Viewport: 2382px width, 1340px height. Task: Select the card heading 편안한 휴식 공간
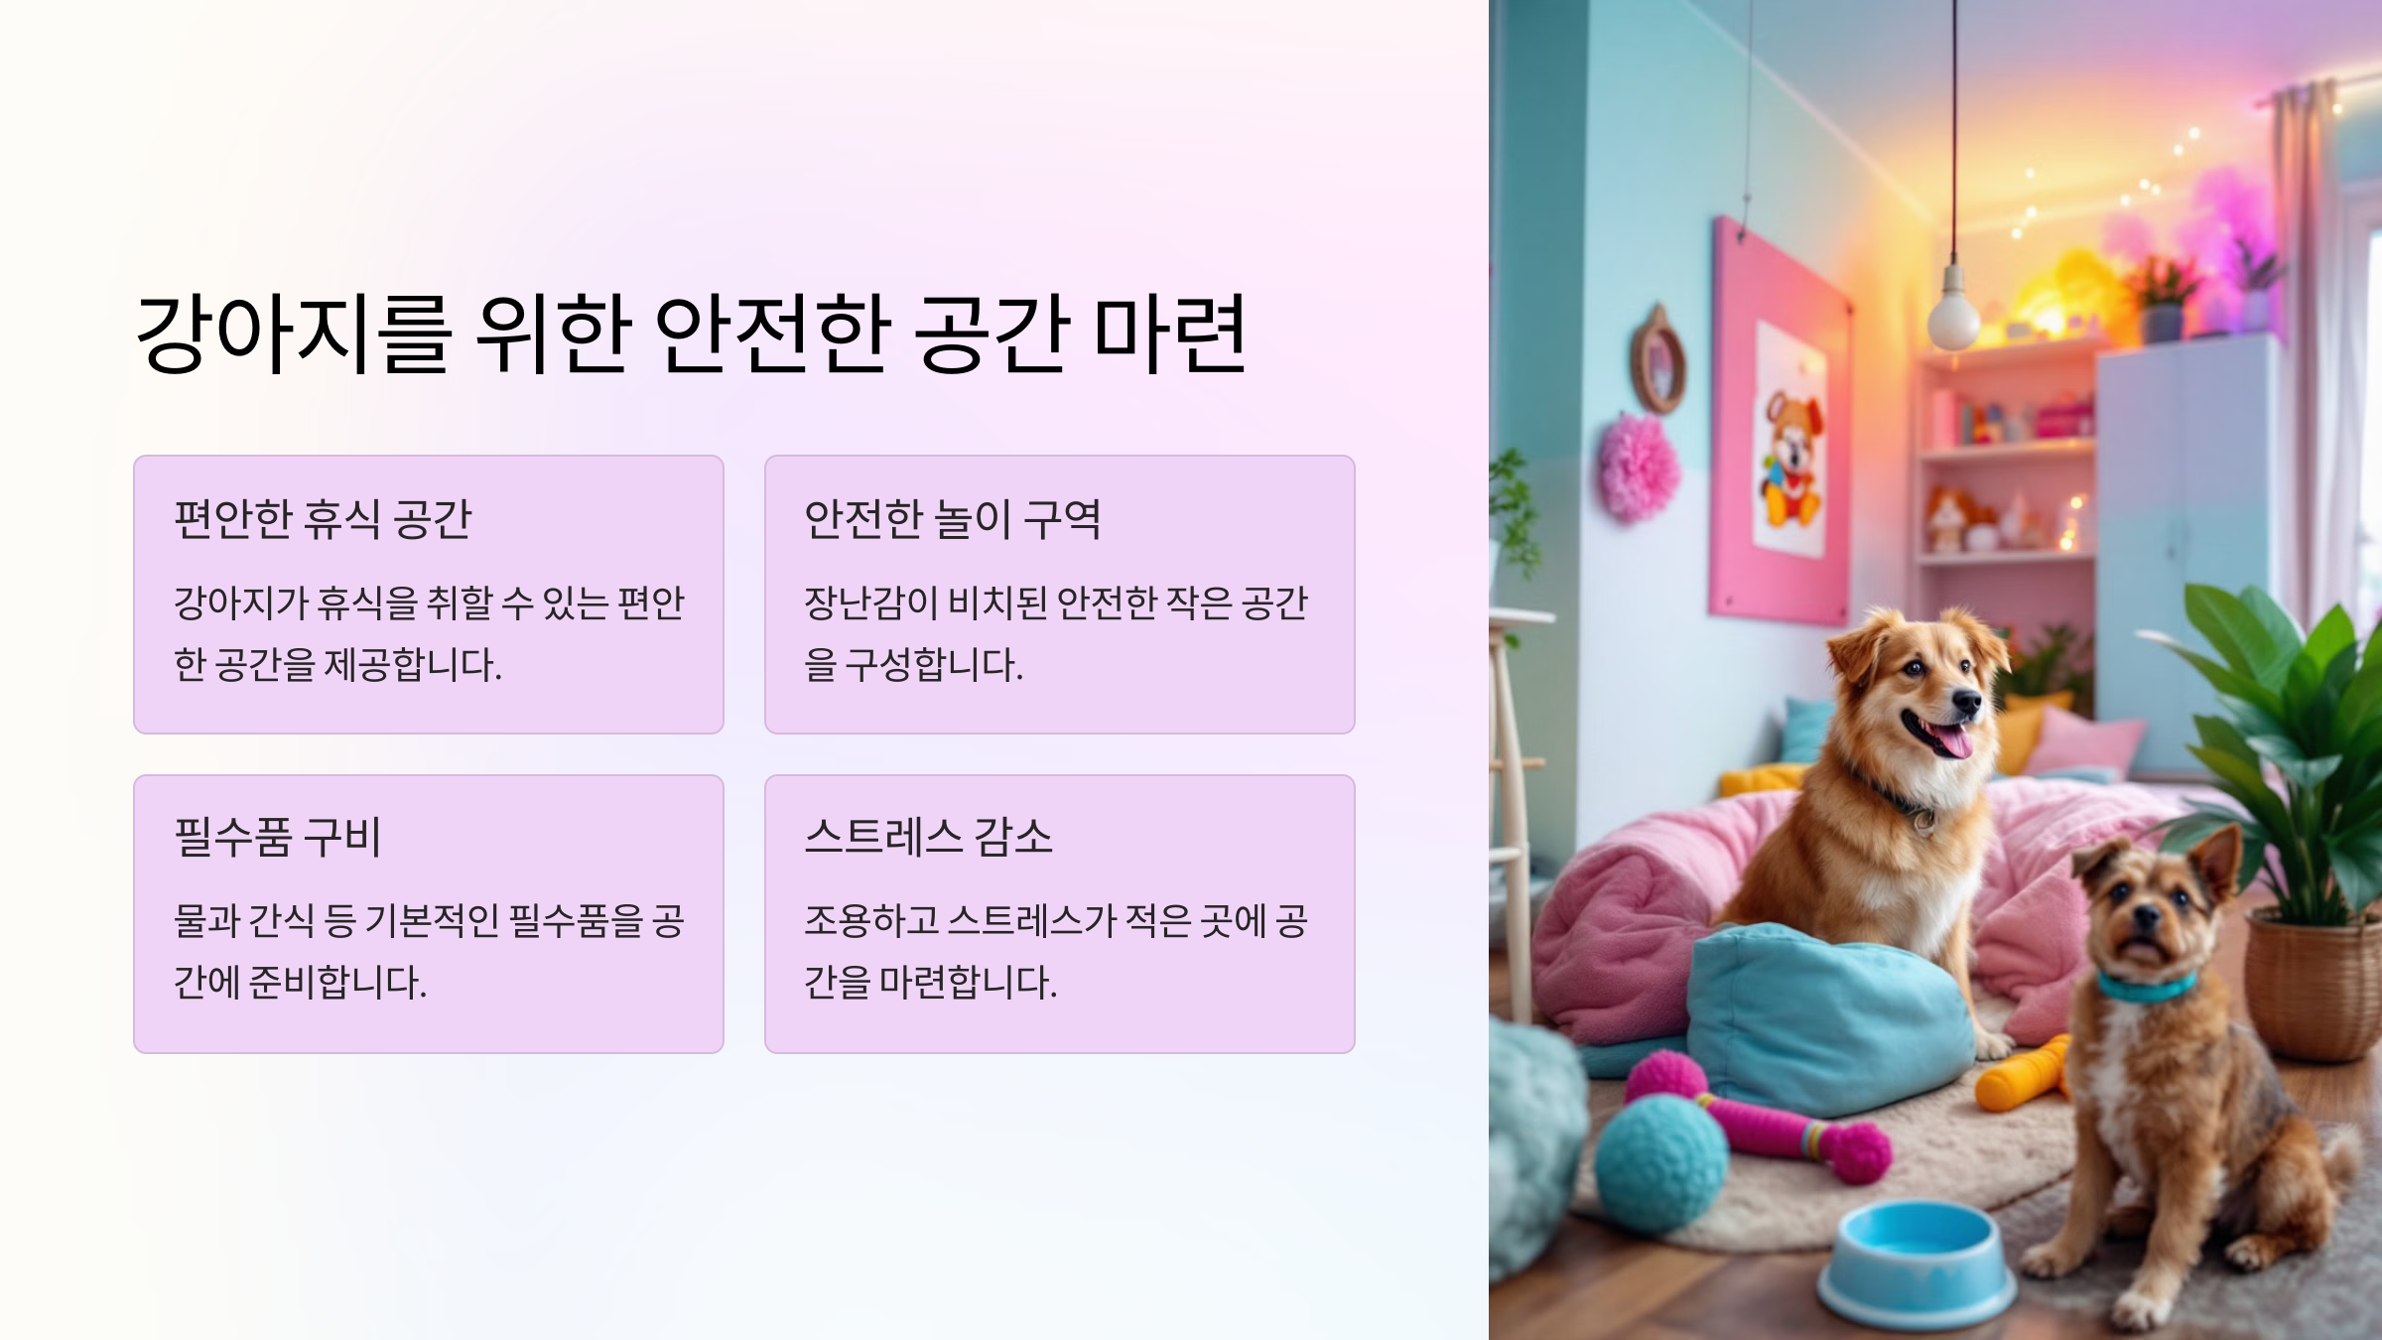click(323, 519)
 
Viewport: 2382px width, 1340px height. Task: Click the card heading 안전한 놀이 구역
click(952, 519)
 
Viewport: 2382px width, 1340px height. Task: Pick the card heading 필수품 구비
click(277, 837)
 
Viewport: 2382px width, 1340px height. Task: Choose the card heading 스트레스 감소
click(928, 837)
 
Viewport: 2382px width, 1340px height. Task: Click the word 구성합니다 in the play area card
click(933, 664)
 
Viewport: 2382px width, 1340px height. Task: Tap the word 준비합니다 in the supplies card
click(337, 982)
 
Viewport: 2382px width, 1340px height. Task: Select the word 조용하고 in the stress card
click(871, 920)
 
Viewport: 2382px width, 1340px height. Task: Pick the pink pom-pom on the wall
click(1638, 467)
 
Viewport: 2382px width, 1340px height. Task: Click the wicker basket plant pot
click(2313, 983)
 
